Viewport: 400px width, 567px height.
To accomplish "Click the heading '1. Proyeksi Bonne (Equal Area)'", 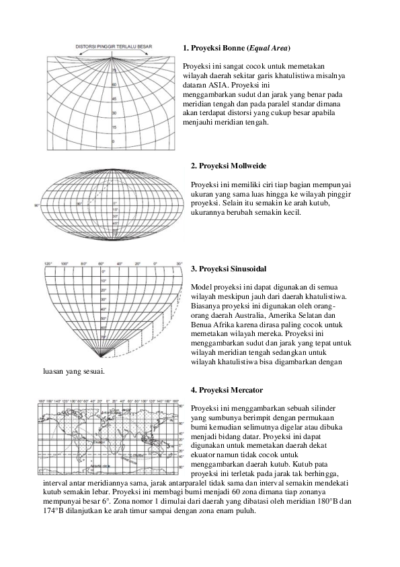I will [237, 49].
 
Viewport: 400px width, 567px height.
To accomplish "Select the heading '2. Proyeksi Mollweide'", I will [229, 166].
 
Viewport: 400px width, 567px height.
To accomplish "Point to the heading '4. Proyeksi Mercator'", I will [227, 390].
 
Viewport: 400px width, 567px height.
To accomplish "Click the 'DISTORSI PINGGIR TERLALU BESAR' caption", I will [114, 46].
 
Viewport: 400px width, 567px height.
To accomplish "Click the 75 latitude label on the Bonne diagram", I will [114, 70].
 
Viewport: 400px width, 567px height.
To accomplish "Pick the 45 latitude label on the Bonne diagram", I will [114, 98].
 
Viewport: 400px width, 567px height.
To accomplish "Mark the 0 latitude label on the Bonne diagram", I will [113, 141].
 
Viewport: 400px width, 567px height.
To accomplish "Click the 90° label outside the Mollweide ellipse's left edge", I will [38, 203].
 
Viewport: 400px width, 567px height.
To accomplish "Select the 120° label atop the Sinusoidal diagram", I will [48, 263].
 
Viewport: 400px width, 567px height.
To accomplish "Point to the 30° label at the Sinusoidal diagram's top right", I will [179, 263].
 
